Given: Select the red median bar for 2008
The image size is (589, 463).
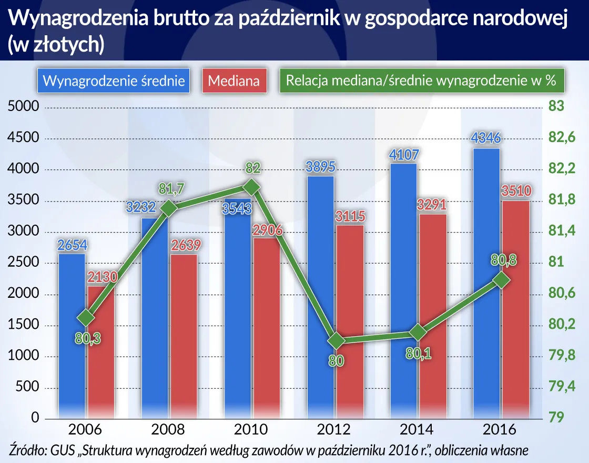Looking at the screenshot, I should (x=184, y=337).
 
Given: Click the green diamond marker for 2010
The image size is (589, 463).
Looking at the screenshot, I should (x=251, y=187).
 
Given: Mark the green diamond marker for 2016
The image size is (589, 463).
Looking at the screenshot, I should (x=501, y=280).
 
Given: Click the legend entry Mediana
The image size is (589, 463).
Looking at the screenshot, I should (x=234, y=81).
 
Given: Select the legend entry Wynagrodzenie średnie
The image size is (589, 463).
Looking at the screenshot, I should (x=114, y=81).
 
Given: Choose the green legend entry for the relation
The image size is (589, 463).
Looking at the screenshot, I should (x=421, y=81).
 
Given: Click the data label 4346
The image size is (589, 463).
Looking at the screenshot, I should (x=486, y=139).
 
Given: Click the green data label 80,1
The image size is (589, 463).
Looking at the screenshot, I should (x=420, y=354).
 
